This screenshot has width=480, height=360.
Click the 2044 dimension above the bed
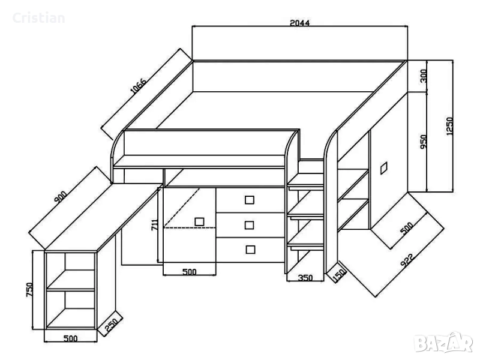(x=299, y=23)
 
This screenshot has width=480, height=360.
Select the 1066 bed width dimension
(x=139, y=86)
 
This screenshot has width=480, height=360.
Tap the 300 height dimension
(x=424, y=76)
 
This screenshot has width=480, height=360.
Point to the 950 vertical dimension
(x=424, y=142)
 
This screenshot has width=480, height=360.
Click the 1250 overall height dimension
(x=449, y=126)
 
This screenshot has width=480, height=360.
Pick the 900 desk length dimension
(x=61, y=197)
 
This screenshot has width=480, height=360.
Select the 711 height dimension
(x=155, y=225)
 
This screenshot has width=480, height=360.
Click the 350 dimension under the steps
(x=305, y=278)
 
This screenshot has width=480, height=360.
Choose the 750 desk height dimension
(x=29, y=290)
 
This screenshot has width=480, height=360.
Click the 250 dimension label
(x=111, y=325)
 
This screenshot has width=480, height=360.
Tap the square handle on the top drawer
(x=250, y=200)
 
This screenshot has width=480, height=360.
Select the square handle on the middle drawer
(x=250, y=225)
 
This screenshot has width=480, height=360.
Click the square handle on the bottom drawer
(x=250, y=250)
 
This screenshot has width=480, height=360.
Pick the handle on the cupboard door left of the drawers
(x=199, y=221)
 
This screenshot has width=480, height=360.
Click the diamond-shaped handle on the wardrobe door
(x=383, y=168)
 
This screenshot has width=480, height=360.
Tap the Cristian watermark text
(x=38, y=18)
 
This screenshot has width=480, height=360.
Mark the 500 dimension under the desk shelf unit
(x=70, y=338)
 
